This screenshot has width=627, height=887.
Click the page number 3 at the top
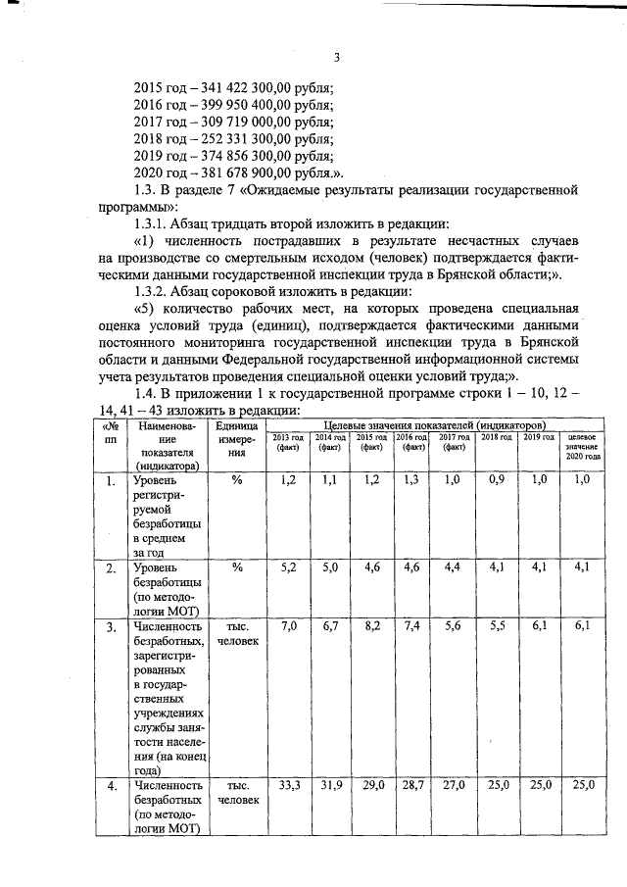pyautogui.click(x=336, y=56)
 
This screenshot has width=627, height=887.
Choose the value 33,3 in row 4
pyautogui.click(x=287, y=786)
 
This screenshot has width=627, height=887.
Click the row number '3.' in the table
pyautogui.click(x=111, y=626)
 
